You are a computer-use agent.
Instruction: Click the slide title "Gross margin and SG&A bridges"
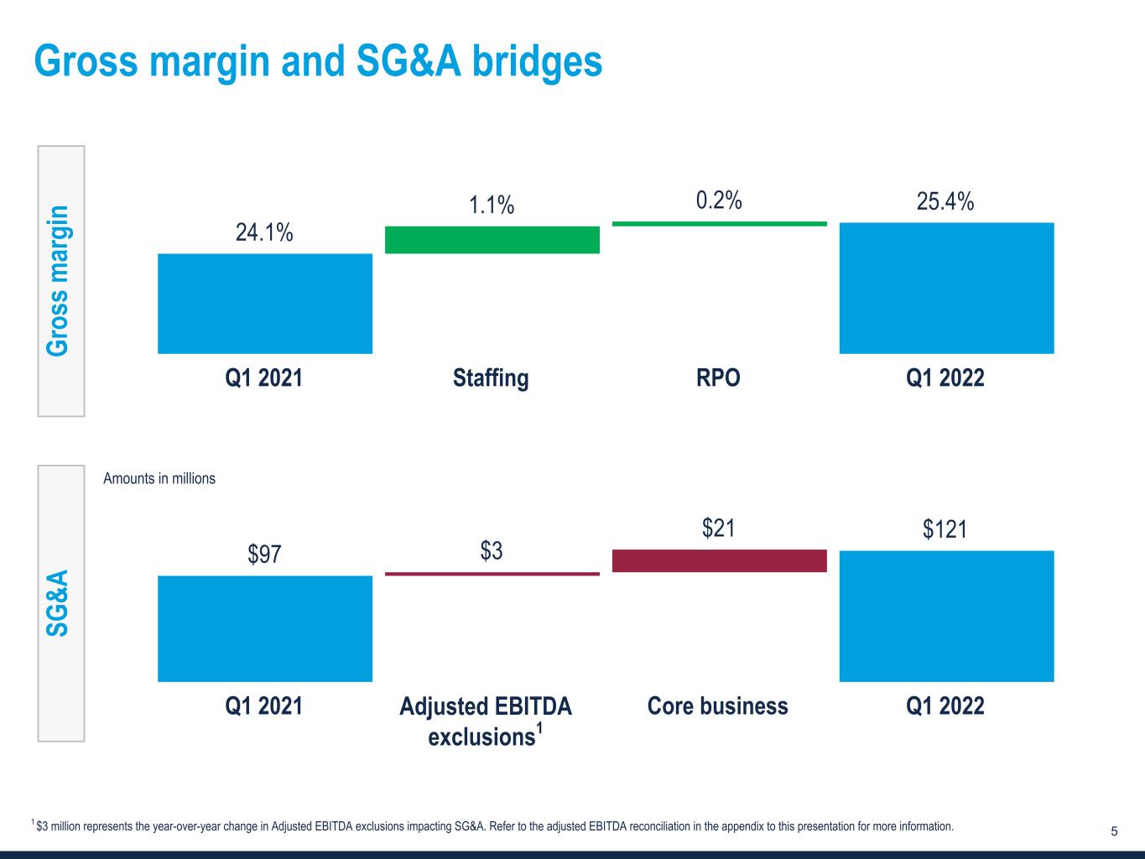pyautogui.click(x=318, y=61)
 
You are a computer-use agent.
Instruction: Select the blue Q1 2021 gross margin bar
pyautogui.click(x=265, y=303)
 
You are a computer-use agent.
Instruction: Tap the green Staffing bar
pyautogui.click(x=492, y=240)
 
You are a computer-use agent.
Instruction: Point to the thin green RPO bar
pyautogui.click(x=720, y=224)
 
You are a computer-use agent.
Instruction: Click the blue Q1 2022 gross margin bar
pyautogui.click(x=946, y=288)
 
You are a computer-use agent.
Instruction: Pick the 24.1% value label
pyautogui.click(x=264, y=232)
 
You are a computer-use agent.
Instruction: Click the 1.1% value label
pyautogui.click(x=492, y=205)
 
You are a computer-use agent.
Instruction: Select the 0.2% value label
pyautogui.click(x=719, y=200)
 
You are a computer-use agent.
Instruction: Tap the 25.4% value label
pyautogui.click(x=945, y=201)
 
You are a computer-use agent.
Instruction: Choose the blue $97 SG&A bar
pyautogui.click(x=265, y=628)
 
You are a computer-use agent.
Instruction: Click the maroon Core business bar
pyautogui.click(x=720, y=560)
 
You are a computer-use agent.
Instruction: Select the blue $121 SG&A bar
pyautogui.click(x=946, y=616)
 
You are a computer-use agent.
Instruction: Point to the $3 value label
pyautogui.click(x=492, y=551)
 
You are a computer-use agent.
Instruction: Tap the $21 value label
pyautogui.click(x=719, y=528)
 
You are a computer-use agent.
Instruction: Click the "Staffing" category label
pyautogui.click(x=491, y=378)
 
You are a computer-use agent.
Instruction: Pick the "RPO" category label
pyautogui.click(x=718, y=378)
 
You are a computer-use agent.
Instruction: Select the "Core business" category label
pyautogui.click(x=718, y=706)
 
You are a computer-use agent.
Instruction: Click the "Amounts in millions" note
pyautogui.click(x=159, y=479)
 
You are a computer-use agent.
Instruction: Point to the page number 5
pyautogui.click(x=1114, y=832)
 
